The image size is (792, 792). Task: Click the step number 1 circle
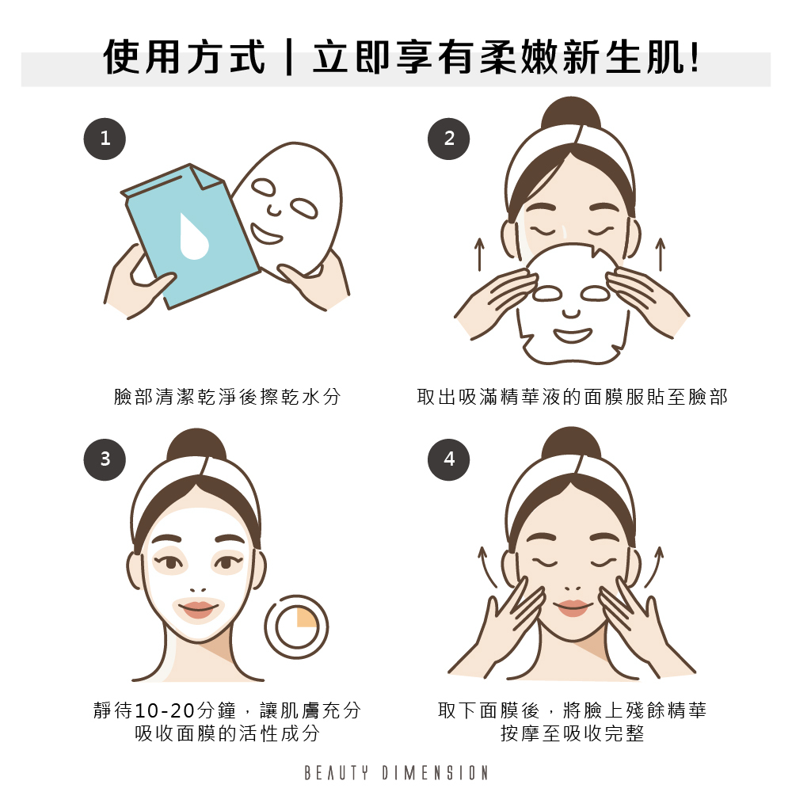pos(105,139)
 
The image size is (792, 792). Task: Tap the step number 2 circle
pos(448,139)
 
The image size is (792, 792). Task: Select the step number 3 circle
pos(105,459)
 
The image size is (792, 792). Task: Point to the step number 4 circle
pos(448,459)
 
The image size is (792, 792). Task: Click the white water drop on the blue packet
pos(193,238)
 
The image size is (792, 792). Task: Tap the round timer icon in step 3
pos(296,626)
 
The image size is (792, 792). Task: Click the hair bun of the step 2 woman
pos(571,114)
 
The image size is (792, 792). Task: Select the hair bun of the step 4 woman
pos(571,444)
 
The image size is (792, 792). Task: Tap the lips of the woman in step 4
pos(572,607)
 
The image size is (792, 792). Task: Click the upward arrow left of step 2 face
pos(479,255)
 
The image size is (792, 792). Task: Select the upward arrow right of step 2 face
pos(661,254)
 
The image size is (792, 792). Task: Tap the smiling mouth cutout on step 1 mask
pos(266,234)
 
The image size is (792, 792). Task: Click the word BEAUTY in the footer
pos(337,773)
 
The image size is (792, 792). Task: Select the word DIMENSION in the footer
pos(435,773)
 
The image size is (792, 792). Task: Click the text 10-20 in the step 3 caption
pos(166,710)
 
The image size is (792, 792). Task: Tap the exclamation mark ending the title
pos(695,57)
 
